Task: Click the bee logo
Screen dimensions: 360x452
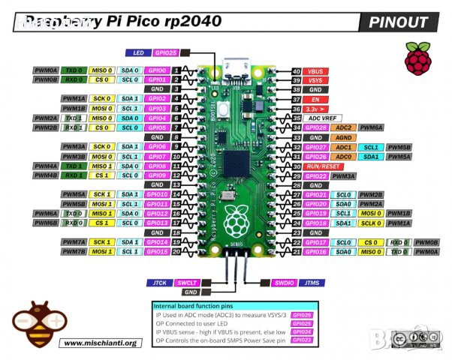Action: coord(32,323)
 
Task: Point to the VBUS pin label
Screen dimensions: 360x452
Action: coord(315,71)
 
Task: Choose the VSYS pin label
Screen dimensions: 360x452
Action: coord(315,80)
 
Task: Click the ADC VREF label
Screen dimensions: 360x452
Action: coord(325,118)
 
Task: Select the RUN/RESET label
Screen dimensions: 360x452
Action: coord(324,166)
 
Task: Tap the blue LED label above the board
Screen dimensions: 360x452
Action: coord(137,54)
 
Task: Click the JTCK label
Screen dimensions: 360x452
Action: coord(158,282)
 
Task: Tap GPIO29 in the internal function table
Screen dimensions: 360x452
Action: coord(302,316)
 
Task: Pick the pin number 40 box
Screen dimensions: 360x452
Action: coord(296,71)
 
